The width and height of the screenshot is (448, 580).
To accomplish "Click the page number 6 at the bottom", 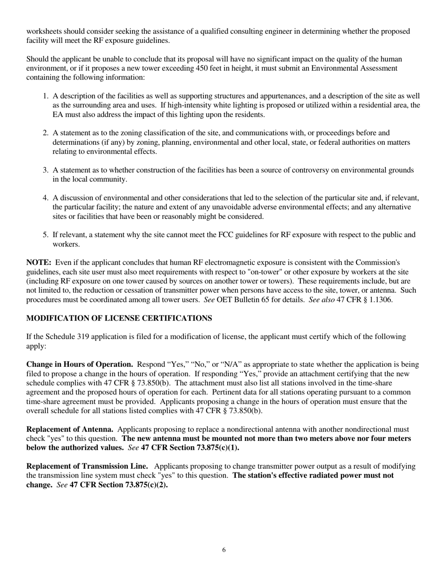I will pos(224,550).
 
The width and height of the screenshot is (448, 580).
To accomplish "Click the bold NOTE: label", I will pos(39,263).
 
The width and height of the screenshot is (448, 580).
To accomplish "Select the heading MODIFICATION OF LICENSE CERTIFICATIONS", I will pos(119,318).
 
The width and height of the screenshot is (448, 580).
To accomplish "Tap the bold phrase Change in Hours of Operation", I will pos(79,365).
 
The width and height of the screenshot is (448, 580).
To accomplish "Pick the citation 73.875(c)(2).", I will pos(146,485).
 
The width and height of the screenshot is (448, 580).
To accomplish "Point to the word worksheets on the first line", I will pos(44,32).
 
